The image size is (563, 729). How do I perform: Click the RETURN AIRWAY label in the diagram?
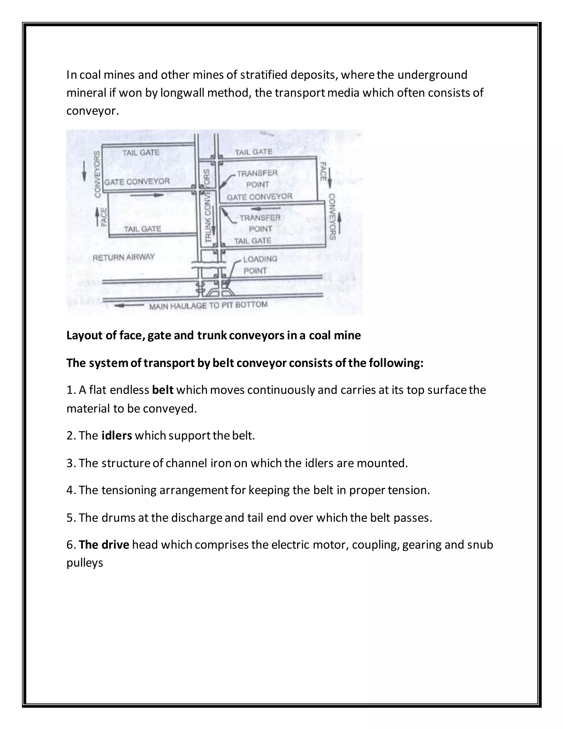pos(123,257)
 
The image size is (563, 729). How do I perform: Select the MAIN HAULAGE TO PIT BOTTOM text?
pos(208,305)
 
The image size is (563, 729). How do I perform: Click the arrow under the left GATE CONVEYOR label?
pos(147,195)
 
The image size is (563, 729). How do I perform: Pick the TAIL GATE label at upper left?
pos(141,153)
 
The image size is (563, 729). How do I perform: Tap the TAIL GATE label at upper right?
pos(253,152)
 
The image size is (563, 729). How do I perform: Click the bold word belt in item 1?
pos(162,390)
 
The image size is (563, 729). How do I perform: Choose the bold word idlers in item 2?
pos(117,435)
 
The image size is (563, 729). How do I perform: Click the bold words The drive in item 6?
pos(104,545)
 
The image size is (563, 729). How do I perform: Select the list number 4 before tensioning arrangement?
pos(70,490)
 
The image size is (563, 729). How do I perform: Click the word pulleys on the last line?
pos(85,563)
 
